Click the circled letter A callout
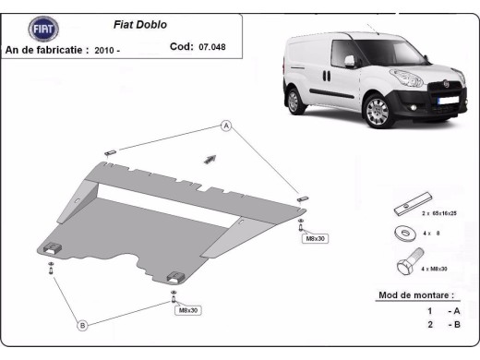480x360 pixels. [x=224, y=126]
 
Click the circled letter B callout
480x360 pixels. [x=82, y=325]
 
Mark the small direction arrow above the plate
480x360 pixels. [x=210, y=159]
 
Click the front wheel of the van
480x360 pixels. [x=378, y=111]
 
